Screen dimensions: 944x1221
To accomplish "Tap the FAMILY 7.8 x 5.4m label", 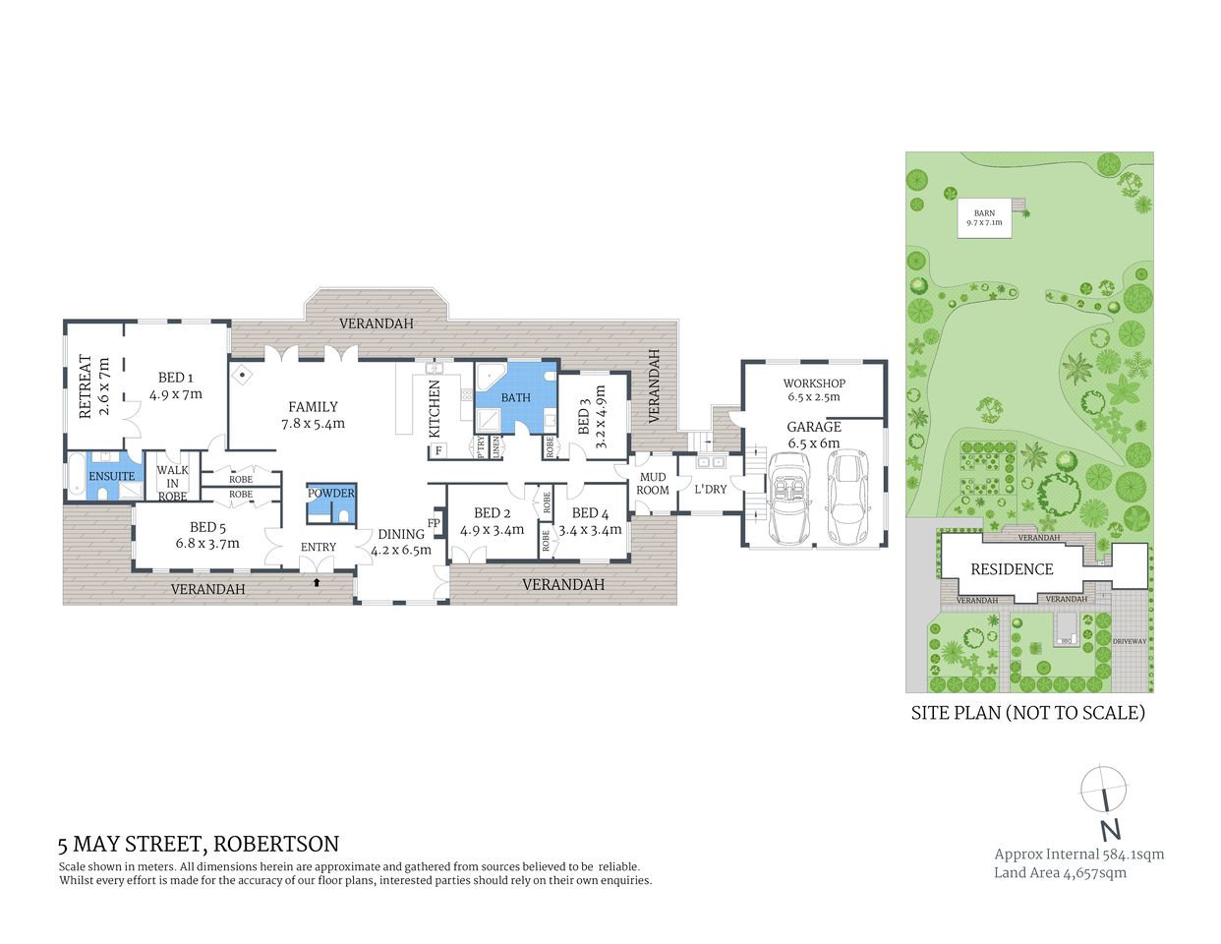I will coord(313,414).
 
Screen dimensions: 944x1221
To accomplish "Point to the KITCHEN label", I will coord(435,408).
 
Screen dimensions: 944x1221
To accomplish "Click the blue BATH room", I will coord(515,397).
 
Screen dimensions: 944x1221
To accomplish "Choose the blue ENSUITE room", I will coord(112,477).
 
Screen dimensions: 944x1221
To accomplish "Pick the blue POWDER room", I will coord(330,504).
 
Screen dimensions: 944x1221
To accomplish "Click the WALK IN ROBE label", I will coord(172,483).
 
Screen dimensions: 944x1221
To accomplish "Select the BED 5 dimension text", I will coord(207,544).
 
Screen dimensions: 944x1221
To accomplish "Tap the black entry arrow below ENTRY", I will coord(316,582).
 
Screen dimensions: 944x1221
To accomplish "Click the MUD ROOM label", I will coord(653,484).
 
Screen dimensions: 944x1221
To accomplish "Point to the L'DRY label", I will coord(710,489).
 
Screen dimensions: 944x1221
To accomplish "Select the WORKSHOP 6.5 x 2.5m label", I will coord(814,390).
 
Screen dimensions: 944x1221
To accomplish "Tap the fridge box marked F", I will coord(438,451).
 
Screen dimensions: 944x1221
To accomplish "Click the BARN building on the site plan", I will coord(984,218).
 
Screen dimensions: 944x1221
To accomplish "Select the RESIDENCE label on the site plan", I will coord(1012,569).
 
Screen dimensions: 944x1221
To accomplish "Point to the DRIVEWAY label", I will coord(1130,641).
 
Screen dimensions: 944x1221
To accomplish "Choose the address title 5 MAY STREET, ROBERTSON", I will coord(199,844).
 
